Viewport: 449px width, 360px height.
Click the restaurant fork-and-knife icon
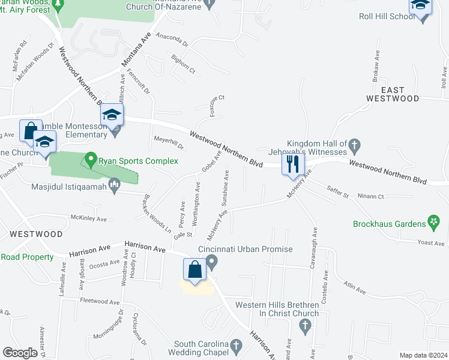point(293,164)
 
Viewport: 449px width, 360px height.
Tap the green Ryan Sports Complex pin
point(91,160)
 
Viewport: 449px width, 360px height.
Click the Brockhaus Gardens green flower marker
point(432,223)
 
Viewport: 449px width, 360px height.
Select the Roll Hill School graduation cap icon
point(421,7)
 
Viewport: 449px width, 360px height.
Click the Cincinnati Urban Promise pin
point(211,262)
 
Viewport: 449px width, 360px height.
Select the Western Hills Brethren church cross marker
point(305,326)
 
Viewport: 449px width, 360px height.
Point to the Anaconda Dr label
point(172,40)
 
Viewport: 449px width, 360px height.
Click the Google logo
point(20,353)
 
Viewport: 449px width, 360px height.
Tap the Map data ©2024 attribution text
point(423,355)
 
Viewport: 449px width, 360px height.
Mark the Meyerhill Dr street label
point(168,143)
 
